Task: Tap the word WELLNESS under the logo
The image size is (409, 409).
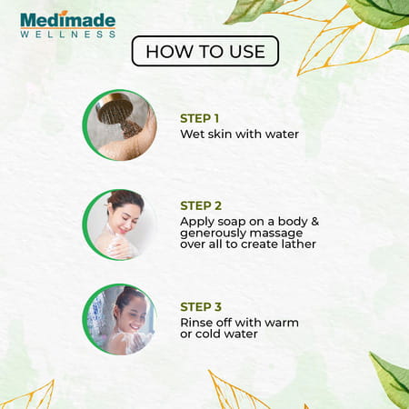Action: [x=68, y=35]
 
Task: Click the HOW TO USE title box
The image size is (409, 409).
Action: [x=204, y=52]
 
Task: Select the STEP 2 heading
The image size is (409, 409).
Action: [x=201, y=205]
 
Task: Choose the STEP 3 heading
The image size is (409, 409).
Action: [x=201, y=306]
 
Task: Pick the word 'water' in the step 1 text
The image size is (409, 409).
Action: [x=278, y=135]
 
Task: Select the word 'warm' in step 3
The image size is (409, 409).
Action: [x=278, y=321]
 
